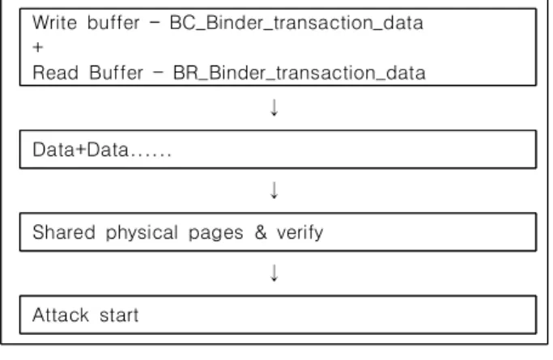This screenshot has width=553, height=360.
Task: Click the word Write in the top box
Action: (54, 23)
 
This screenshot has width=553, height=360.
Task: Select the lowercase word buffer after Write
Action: (113, 23)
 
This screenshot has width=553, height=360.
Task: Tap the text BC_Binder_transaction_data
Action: (296, 23)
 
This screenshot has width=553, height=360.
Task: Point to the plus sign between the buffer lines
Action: (38, 47)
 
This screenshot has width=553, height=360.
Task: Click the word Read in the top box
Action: (55, 74)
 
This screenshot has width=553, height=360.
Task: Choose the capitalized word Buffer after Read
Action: (116, 74)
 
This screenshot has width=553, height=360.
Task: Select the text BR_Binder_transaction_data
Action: (300, 74)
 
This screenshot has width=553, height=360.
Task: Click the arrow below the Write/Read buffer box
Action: (274, 108)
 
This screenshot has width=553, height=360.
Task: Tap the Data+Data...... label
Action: (102, 150)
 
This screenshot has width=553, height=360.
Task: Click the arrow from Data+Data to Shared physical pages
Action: (274, 190)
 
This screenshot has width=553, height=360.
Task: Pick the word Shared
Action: (64, 232)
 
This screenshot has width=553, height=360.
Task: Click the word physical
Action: (142, 233)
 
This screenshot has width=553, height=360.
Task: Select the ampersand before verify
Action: (261, 232)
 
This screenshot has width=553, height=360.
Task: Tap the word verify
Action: (300, 233)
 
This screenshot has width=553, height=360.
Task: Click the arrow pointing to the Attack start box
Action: (274, 273)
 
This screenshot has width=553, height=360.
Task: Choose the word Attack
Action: (61, 315)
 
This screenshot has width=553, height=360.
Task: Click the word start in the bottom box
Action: (119, 316)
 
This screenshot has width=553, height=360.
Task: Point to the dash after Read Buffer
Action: (159, 74)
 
